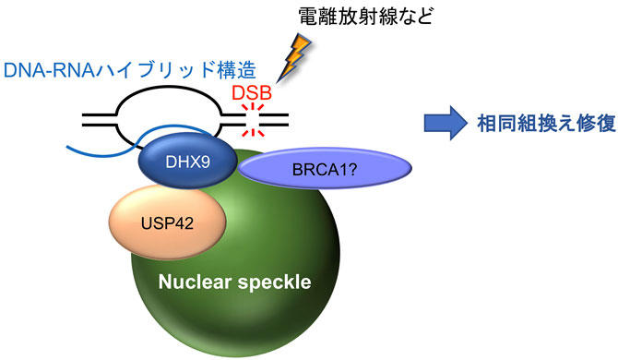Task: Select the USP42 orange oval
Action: tap(166, 222)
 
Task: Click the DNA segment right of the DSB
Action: tap(277, 119)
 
